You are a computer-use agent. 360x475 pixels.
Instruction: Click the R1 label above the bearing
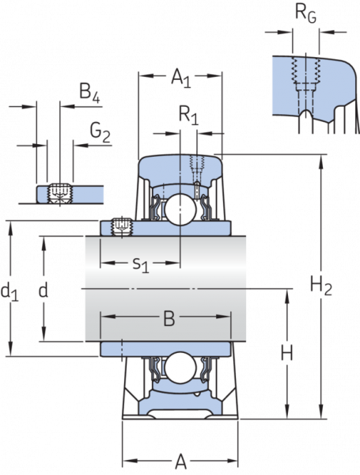(x=188, y=116)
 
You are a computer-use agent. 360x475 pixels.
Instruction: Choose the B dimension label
(x=169, y=319)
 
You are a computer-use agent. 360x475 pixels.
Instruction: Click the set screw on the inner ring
(x=121, y=226)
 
